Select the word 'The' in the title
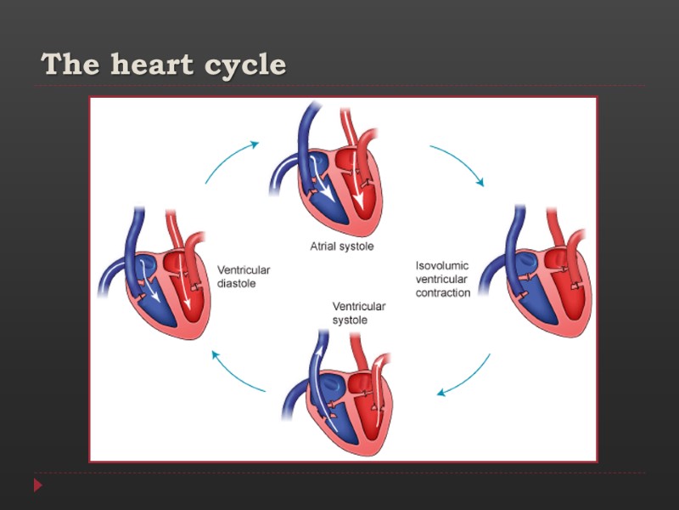(65, 65)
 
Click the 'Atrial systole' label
(341, 246)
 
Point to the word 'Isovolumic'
(441, 265)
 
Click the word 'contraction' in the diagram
(442, 292)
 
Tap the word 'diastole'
(237, 283)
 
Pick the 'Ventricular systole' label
(358, 313)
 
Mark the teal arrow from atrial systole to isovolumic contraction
(458, 164)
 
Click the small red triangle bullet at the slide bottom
(37, 485)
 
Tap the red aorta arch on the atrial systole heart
(368, 136)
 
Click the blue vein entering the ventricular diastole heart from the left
(110, 280)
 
